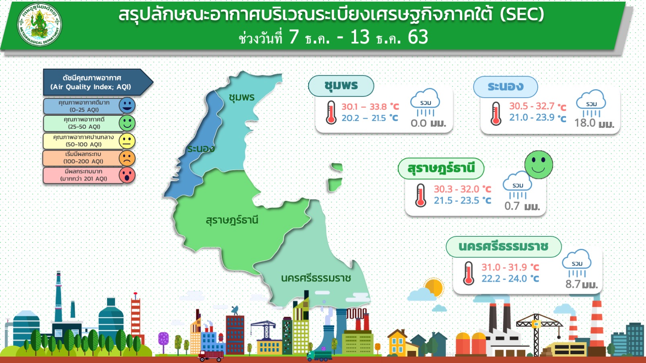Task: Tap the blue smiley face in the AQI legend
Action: [x=127, y=105]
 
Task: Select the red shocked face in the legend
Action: [x=127, y=175]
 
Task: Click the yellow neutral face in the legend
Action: [x=127, y=141]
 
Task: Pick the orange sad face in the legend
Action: [x=127, y=158]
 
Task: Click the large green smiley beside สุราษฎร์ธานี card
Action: [x=539, y=165]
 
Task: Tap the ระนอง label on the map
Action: [x=201, y=149]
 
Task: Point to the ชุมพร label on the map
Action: [x=242, y=98]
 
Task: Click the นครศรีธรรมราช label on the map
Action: [x=316, y=278]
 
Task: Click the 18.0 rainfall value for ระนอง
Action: [x=585, y=123]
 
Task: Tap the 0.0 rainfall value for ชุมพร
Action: [x=418, y=123]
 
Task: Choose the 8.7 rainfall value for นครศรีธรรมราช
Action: [x=573, y=284]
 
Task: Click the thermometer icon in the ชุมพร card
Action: [x=331, y=113]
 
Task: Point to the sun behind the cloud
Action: [x=434, y=287]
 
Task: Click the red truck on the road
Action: [x=211, y=356]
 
